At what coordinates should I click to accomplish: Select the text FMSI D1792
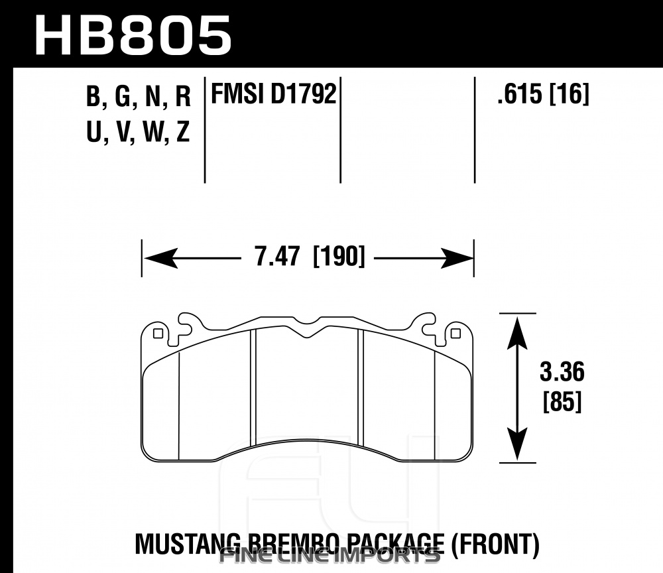coord(274,94)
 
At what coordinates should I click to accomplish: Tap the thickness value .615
coord(520,94)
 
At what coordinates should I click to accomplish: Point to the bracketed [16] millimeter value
coord(569,94)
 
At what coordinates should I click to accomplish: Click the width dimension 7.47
coord(277,256)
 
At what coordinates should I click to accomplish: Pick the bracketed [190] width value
coord(339,256)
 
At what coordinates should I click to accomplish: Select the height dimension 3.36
coord(562,371)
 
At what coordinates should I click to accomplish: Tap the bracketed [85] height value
coord(562,401)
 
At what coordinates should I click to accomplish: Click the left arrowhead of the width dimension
coord(160,258)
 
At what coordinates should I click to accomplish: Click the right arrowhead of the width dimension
coord(456,258)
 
